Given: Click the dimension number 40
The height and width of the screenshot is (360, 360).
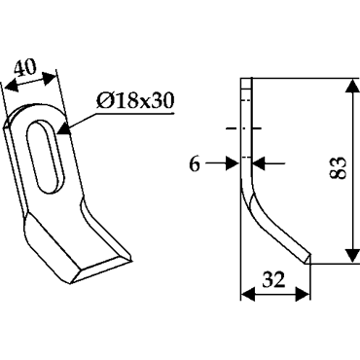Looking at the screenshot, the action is pyautogui.click(x=24, y=67).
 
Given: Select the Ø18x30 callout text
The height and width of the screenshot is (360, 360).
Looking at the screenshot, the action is pyautogui.click(x=135, y=101).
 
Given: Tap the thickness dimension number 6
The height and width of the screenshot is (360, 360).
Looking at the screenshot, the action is pyautogui.click(x=195, y=164).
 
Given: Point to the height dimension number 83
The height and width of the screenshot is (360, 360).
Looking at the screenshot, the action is pyautogui.click(x=339, y=168).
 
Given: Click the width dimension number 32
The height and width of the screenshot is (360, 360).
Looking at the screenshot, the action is pyautogui.click(x=274, y=280).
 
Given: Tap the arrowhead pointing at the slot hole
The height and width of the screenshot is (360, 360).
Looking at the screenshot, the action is pyautogui.click(x=64, y=129).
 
